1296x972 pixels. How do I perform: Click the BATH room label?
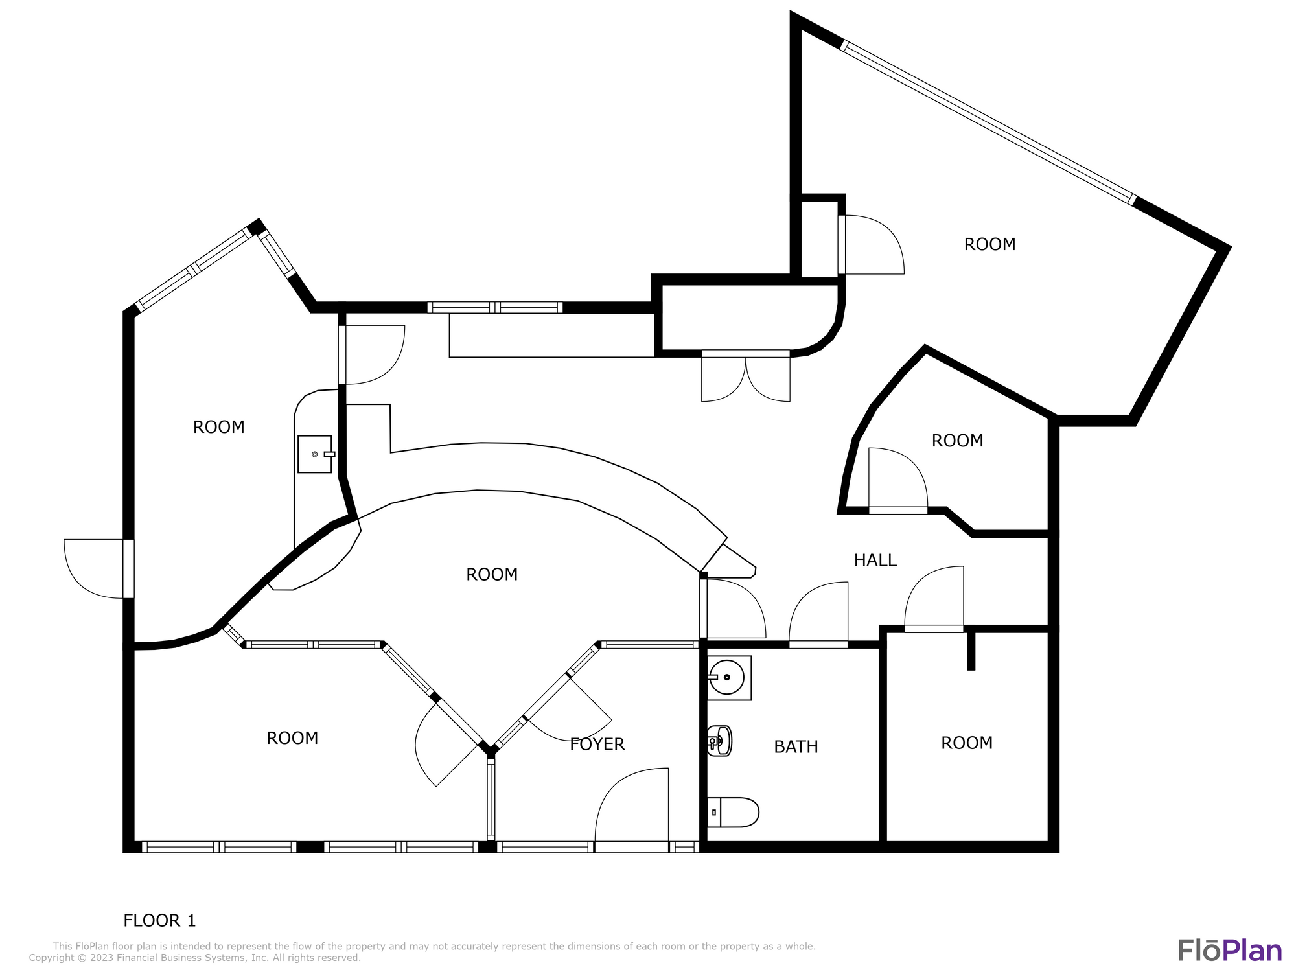tap(796, 747)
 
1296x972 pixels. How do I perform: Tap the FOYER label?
tap(597, 745)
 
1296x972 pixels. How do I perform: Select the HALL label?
tap(875, 561)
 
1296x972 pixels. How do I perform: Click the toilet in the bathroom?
tap(733, 813)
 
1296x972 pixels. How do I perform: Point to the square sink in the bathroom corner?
tap(729, 678)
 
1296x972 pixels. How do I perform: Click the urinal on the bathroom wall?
tap(720, 741)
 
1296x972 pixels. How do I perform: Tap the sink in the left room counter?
tap(315, 454)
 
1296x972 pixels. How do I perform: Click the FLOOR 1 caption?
tap(159, 920)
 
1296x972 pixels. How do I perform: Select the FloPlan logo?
tap(1229, 951)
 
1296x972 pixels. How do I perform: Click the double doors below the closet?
tap(746, 376)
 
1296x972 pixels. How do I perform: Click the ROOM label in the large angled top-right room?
tap(989, 244)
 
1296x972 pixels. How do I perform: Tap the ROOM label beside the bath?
tap(967, 743)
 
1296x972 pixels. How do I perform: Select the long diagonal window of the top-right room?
tap(988, 122)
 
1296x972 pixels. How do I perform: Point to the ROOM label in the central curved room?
tap(492, 575)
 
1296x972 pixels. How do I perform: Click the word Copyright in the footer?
tap(52, 958)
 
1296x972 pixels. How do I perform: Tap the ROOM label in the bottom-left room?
tap(292, 738)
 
